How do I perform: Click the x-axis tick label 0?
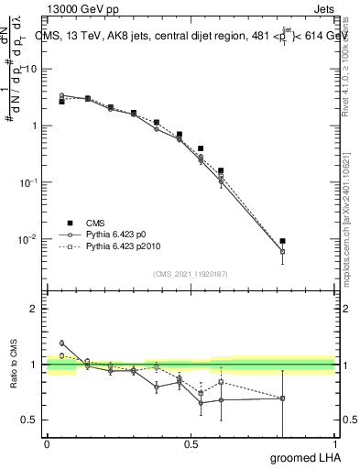click(47, 444)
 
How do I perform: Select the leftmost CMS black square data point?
click(61, 102)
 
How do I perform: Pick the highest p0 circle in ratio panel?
click(61, 343)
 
